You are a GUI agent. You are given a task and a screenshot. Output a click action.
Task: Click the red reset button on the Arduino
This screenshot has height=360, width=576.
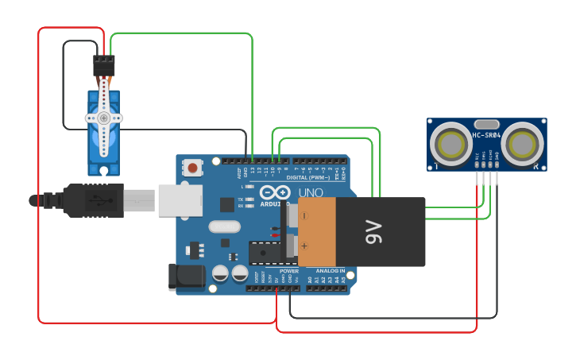coord(192,167)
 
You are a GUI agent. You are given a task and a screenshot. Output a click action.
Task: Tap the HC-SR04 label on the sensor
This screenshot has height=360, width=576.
coord(486,135)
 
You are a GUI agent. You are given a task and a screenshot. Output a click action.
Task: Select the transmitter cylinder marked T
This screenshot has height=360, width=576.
coord(449,145)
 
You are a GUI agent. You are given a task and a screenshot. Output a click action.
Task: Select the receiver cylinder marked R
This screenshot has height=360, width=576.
coord(523,145)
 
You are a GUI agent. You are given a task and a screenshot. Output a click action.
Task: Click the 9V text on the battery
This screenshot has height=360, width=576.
coord(374,232)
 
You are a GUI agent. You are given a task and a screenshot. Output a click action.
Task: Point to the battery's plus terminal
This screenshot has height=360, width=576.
coord(304,246)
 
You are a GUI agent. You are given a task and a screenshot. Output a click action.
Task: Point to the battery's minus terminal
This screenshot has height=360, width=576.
coord(304,215)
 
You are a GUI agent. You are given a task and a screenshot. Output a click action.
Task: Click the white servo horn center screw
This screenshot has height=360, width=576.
coord(103,118)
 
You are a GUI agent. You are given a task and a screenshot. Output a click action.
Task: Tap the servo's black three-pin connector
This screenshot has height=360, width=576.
coord(103,65)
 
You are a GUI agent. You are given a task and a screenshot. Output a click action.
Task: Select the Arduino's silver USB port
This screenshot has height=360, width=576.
coord(180,200)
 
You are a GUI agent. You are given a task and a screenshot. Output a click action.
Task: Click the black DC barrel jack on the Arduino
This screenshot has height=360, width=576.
coord(187,277)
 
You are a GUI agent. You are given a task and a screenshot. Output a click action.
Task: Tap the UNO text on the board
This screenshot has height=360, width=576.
coord(311,193)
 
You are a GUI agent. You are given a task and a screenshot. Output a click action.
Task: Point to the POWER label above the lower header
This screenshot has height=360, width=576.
coord(289,271)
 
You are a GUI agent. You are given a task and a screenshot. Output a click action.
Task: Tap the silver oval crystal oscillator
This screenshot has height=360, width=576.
coord(224,226)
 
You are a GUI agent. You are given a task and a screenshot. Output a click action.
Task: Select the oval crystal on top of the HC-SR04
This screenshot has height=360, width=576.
coord(486,124)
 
